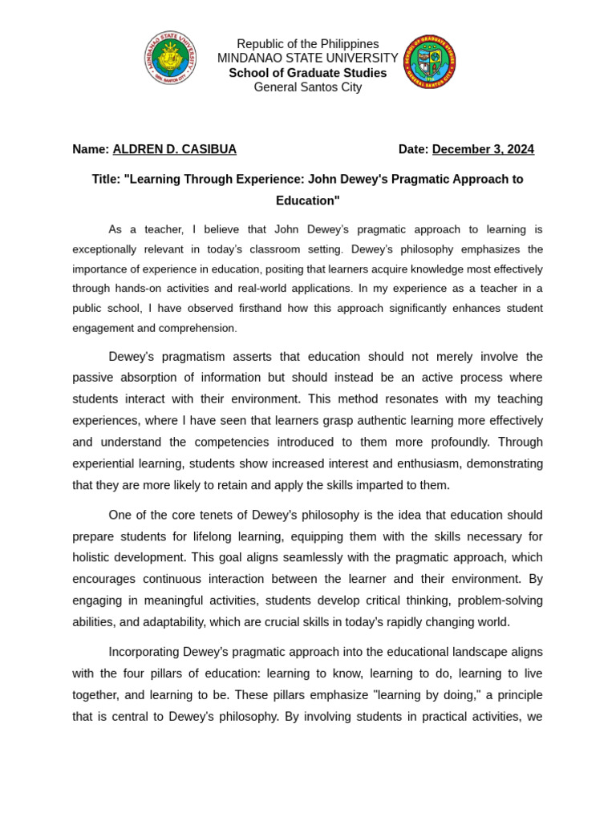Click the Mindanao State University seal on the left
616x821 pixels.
(170, 58)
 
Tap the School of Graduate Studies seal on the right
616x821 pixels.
(429, 62)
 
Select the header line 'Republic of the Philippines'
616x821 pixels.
(307, 44)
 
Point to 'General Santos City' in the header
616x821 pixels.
(307, 87)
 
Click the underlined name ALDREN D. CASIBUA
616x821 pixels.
(174, 149)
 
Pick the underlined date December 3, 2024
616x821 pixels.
(483, 149)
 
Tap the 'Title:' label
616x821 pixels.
(106, 180)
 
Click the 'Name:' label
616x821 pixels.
(91, 149)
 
